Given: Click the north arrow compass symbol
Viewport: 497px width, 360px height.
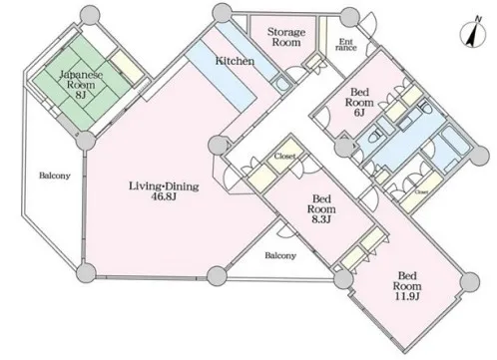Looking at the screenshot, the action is (473, 35).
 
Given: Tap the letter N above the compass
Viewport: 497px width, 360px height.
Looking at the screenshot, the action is (478, 19).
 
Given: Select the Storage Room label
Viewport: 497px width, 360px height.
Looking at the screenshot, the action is (286, 37).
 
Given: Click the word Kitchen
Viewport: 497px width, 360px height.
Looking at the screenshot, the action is (235, 61).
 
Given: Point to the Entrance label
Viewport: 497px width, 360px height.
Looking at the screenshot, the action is (346, 45).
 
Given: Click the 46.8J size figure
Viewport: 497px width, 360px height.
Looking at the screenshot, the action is (164, 196).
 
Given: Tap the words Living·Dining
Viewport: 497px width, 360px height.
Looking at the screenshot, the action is (164, 185).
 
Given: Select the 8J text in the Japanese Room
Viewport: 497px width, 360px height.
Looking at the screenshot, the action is (81, 95).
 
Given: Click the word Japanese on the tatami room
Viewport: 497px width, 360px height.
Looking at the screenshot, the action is (81, 75).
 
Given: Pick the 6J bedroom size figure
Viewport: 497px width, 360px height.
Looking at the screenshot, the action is (359, 113).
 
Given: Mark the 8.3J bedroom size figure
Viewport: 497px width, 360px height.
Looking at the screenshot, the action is (321, 219).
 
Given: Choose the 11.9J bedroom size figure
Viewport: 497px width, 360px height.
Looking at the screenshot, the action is (407, 296).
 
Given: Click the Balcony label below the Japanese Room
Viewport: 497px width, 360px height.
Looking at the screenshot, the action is (55, 176).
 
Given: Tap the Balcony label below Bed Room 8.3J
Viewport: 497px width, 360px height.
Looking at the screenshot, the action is (280, 255).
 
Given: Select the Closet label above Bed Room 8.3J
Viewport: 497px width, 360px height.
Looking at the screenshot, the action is (284, 156).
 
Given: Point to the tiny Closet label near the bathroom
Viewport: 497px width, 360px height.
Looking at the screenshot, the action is (421, 192).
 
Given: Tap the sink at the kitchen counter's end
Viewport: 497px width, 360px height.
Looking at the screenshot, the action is (282, 84).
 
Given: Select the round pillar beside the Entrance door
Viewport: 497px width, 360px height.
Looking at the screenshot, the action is (349, 17).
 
